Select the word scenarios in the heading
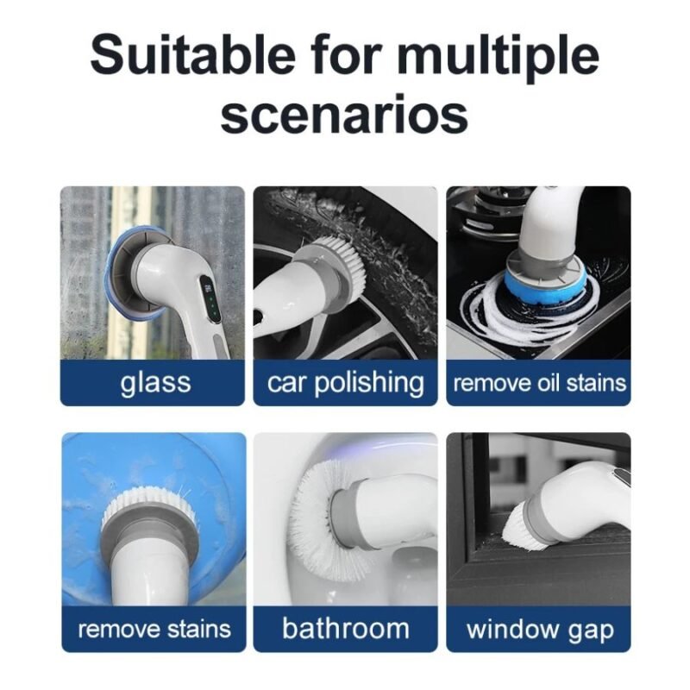(x=344, y=115)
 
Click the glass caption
(x=155, y=383)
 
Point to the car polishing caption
(x=346, y=383)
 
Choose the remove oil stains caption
(x=539, y=383)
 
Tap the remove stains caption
(x=154, y=629)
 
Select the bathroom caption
(x=346, y=628)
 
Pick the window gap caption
(x=540, y=630)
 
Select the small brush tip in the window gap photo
(x=518, y=530)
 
